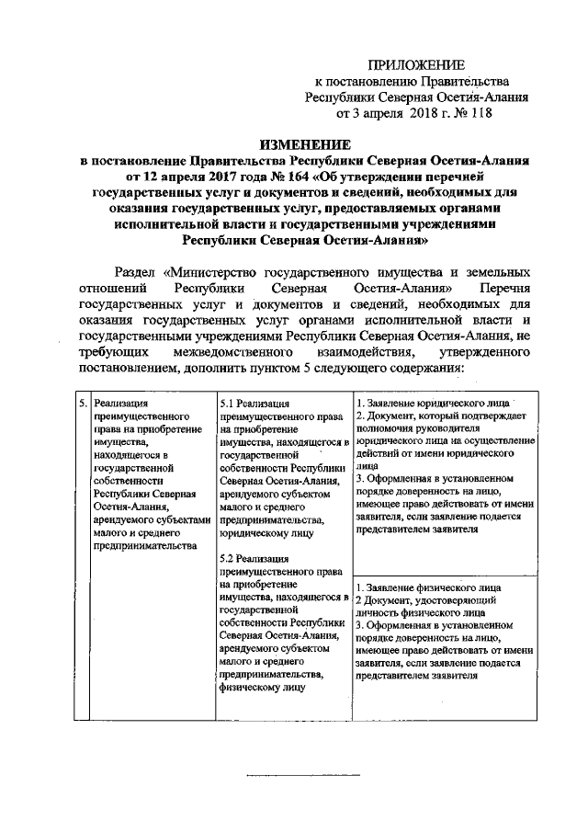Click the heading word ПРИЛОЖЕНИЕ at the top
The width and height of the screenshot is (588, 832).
416,63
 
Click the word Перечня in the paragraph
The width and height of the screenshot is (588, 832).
503,289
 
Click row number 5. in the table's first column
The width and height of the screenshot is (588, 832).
83,404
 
